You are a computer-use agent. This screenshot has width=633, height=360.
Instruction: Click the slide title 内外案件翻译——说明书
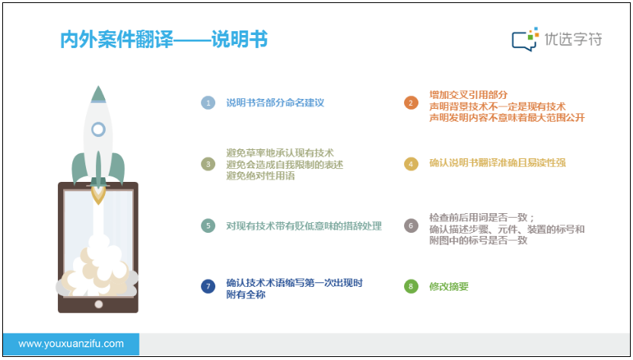tap(164, 40)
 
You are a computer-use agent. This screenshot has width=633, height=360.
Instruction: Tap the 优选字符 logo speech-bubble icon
tap(525, 39)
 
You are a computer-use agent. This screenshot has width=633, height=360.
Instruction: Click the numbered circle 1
tap(208, 103)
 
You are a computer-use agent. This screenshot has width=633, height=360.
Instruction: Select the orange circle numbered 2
tap(411, 103)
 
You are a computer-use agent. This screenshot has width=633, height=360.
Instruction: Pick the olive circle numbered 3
tap(208, 164)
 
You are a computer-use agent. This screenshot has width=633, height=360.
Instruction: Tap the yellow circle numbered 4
tap(411, 164)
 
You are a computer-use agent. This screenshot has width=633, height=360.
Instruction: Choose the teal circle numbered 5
tap(208, 225)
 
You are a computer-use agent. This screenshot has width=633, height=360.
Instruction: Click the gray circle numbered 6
tap(411, 225)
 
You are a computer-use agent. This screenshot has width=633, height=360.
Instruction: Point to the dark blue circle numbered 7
tap(208, 286)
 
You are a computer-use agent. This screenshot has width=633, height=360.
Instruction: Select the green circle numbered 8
tap(411, 286)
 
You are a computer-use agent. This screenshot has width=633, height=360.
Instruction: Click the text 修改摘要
tap(449, 286)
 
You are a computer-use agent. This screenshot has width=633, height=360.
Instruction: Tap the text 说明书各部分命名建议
tap(275, 103)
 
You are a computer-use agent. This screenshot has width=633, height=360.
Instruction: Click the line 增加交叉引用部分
tap(469, 95)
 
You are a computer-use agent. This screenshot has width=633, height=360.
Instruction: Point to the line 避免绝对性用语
tap(260, 176)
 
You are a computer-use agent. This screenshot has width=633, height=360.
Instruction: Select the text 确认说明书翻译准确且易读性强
tap(498, 162)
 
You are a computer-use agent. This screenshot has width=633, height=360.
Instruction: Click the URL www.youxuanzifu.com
tap(71, 344)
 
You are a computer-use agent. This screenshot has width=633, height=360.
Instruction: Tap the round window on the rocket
tap(98, 129)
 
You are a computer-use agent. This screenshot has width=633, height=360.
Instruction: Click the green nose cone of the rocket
tap(98, 94)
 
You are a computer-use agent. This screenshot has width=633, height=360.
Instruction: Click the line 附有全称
tap(246, 295)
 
